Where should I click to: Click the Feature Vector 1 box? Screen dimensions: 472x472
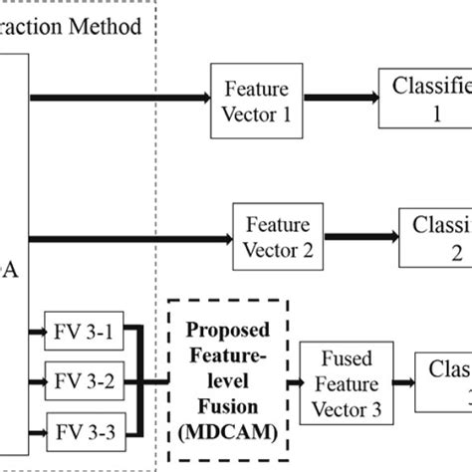(x=258, y=97)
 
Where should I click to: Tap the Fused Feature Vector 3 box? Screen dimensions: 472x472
(x=349, y=382)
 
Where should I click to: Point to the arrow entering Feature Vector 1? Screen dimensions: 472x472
(x=119, y=97)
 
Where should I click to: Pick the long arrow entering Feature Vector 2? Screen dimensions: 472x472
(x=129, y=237)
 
